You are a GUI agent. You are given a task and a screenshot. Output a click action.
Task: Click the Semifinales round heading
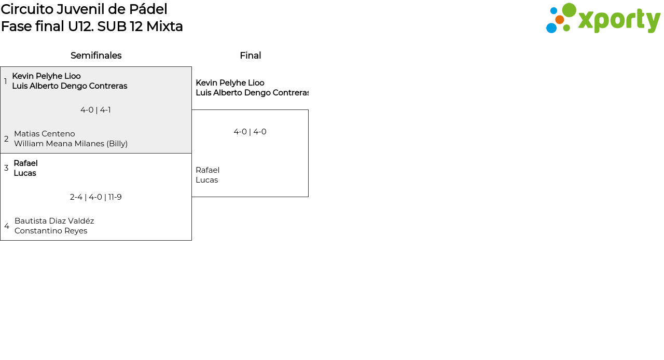[x=96, y=56]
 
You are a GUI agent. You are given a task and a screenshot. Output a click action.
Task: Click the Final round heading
[x=251, y=56]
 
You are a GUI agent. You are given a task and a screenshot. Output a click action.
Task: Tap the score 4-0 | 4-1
[x=95, y=110]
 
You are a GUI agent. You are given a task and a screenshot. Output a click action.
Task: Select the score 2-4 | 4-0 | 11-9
[x=96, y=197]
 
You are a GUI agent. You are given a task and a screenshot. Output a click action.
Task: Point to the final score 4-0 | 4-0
[x=250, y=132]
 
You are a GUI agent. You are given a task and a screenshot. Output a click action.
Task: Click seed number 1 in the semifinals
[x=5, y=81]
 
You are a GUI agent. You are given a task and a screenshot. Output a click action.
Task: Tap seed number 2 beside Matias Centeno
[x=6, y=139]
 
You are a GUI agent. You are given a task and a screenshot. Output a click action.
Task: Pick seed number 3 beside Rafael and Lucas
[x=6, y=168]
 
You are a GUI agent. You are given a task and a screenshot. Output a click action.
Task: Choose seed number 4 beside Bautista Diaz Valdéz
[x=7, y=226]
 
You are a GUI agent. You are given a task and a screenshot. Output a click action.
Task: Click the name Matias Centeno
[x=45, y=134]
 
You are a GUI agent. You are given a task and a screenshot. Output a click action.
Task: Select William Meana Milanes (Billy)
[x=71, y=144]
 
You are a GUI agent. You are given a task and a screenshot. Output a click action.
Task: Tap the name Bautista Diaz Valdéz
[x=54, y=221]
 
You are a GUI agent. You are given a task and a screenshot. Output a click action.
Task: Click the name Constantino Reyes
[x=51, y=231]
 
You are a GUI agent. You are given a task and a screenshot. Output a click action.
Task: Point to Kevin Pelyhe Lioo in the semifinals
[x=46, y=76]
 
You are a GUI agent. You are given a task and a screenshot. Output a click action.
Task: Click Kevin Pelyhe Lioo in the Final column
[x=230, y=82]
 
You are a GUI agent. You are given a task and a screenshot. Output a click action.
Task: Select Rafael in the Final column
[x=208, y=170]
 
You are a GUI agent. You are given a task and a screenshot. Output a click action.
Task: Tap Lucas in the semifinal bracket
[x=25, y=173]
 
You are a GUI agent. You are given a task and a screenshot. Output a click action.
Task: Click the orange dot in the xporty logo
[x=560, y=20]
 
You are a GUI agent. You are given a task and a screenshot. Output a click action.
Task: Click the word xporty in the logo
[x=619, y=20]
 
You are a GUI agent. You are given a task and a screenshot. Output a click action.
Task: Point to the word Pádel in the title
[x=148, y=9]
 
